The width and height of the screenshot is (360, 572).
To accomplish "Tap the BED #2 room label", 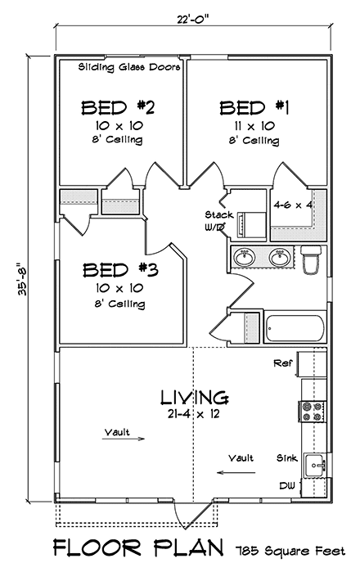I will tap(118, 106).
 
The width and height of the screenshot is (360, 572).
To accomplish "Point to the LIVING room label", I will tap(194, 399).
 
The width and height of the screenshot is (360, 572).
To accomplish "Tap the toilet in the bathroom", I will tap(311, 260).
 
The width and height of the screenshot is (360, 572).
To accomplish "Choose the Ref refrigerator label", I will tap(283, 361).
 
